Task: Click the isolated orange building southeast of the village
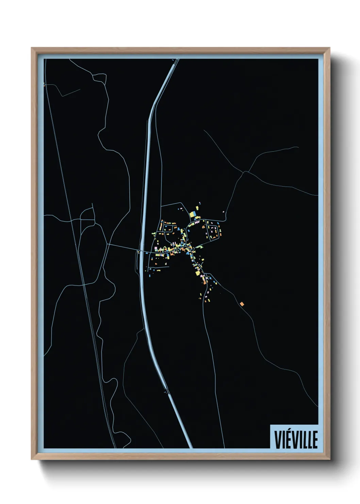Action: tap(242, 303)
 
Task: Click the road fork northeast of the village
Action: tap(245, 172)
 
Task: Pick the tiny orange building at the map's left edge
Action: tap(45, 85)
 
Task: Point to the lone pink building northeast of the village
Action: tap(223, 211)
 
